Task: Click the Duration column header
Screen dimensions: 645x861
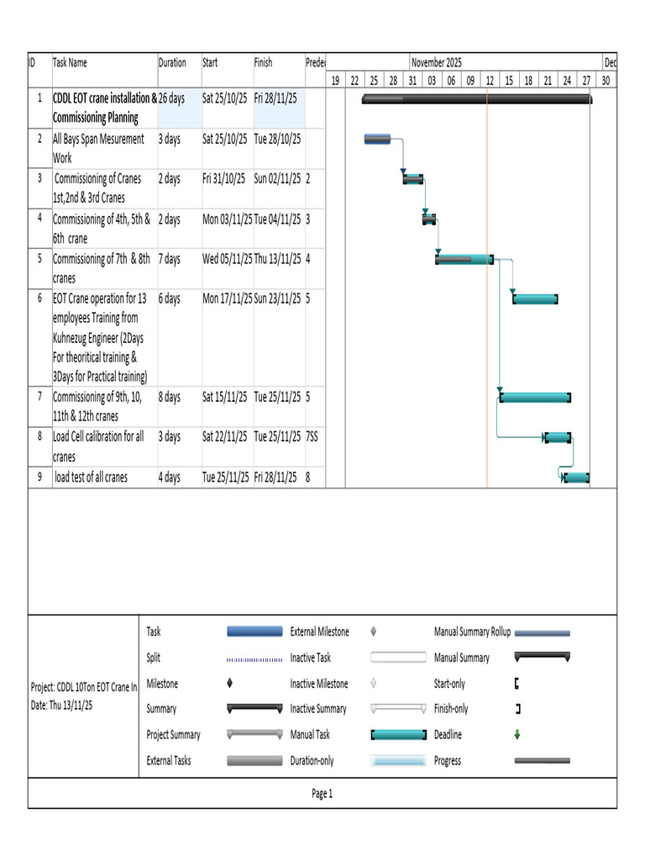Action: coord(172,62)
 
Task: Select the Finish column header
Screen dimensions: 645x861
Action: coord(263,62)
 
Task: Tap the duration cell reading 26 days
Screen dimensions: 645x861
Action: coord(171,98)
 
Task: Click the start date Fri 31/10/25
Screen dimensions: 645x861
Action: coord(223,179)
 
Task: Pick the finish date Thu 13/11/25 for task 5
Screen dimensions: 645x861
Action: coord(277,259)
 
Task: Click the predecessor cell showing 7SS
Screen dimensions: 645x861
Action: coord(312,436)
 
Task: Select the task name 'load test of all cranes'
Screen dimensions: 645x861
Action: coord(91,478)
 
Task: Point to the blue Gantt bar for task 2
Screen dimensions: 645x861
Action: coord(377,139)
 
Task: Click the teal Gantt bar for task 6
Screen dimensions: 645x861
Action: coord(535,299)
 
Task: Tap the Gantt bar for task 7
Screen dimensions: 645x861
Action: coord(535,397)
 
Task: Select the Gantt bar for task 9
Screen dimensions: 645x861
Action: coord(576,478)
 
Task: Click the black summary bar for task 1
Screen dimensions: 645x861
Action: coord(477,99)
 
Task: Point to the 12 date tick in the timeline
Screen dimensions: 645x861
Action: coord(490,81)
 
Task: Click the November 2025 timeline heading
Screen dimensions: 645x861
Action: coord(437,62)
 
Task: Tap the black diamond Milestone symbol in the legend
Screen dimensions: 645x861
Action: coord(230,683)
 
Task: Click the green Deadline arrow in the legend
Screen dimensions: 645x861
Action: coord(517,735)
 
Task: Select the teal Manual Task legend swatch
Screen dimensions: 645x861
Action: coord(399,735)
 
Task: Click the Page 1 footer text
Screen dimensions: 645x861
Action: coord(322,794)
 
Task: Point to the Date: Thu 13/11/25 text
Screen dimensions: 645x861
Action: coord(61,705)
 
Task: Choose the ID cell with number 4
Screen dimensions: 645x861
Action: coord(39,218)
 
